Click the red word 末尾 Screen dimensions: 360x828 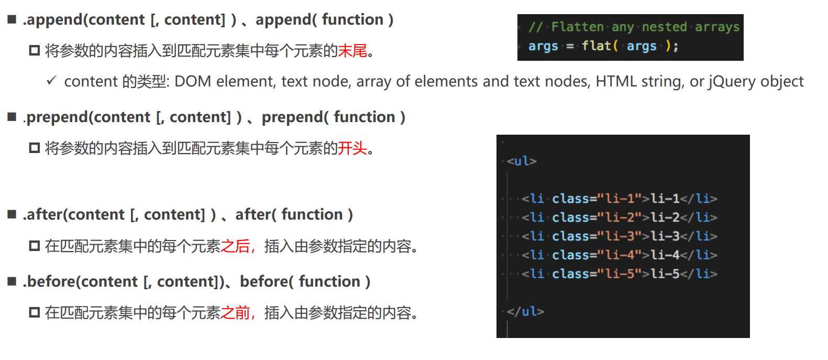pos(352,51)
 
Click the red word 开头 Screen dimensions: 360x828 pos(352,148)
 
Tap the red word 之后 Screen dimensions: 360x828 pos(235,246)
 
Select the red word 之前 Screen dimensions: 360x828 pos(235,313)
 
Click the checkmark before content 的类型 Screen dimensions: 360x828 pos(51,81)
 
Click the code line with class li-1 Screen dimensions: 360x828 pos(619,199)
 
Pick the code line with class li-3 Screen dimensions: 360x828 pos(619,236)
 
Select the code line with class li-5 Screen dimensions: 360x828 pos(619,274)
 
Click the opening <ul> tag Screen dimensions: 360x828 pos(522,161)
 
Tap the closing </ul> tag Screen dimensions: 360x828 pos(525,312)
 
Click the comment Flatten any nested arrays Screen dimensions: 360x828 pos(634,27)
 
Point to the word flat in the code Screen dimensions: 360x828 pos(596,46)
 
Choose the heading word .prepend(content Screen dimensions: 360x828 pos(86,117)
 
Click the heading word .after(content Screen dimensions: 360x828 pos(73,215)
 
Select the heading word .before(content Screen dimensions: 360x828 pos(80,282)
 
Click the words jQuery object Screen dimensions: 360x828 pos(756,82)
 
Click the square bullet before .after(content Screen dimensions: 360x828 pos(12,214)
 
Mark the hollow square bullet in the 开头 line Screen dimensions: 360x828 pos(35,148)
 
